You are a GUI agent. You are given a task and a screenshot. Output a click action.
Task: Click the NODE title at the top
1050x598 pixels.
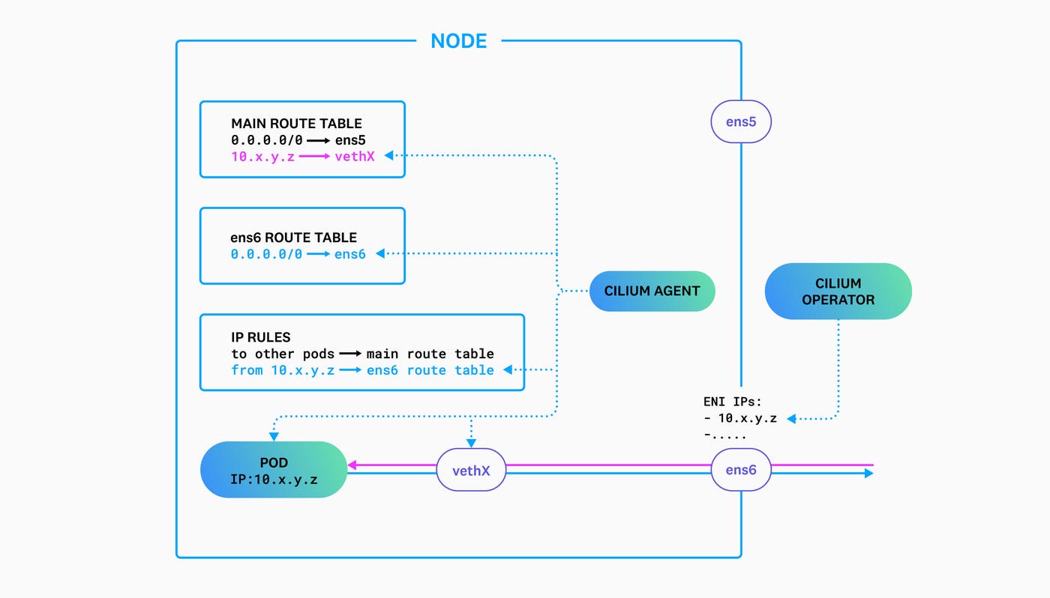459,40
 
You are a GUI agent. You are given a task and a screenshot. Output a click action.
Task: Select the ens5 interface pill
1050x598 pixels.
740,121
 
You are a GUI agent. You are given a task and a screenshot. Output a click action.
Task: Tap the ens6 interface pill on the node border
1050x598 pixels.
740,470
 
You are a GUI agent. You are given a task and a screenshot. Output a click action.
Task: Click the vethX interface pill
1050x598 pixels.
471,471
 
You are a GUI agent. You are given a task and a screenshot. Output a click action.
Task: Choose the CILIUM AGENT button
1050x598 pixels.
652,291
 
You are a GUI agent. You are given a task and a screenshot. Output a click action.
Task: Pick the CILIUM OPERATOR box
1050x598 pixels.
838,292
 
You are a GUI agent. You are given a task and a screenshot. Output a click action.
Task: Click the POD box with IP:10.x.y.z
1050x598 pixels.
274,470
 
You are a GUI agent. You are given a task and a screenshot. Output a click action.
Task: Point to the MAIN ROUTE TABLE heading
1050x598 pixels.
296,124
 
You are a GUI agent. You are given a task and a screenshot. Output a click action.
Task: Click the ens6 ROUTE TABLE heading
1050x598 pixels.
293,238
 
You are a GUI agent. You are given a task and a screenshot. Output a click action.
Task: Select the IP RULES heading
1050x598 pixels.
260,337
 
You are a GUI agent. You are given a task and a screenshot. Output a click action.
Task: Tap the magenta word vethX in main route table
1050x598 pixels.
355,156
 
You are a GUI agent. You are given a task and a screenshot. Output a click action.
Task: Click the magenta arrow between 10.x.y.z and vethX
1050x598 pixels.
315,156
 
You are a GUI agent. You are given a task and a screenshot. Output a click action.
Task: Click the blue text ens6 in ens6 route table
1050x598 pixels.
349,254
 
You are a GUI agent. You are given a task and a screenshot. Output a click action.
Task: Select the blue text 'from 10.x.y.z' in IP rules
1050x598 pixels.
283,370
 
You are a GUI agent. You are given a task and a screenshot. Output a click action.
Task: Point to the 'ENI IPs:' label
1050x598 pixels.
732,402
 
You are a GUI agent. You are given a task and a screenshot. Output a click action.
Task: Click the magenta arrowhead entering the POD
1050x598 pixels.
352,465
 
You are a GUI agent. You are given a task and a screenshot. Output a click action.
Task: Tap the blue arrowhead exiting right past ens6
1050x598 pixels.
868,474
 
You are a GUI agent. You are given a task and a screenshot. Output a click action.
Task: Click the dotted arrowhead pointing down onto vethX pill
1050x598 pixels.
471,444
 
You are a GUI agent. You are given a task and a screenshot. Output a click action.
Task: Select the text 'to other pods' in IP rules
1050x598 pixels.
283,354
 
